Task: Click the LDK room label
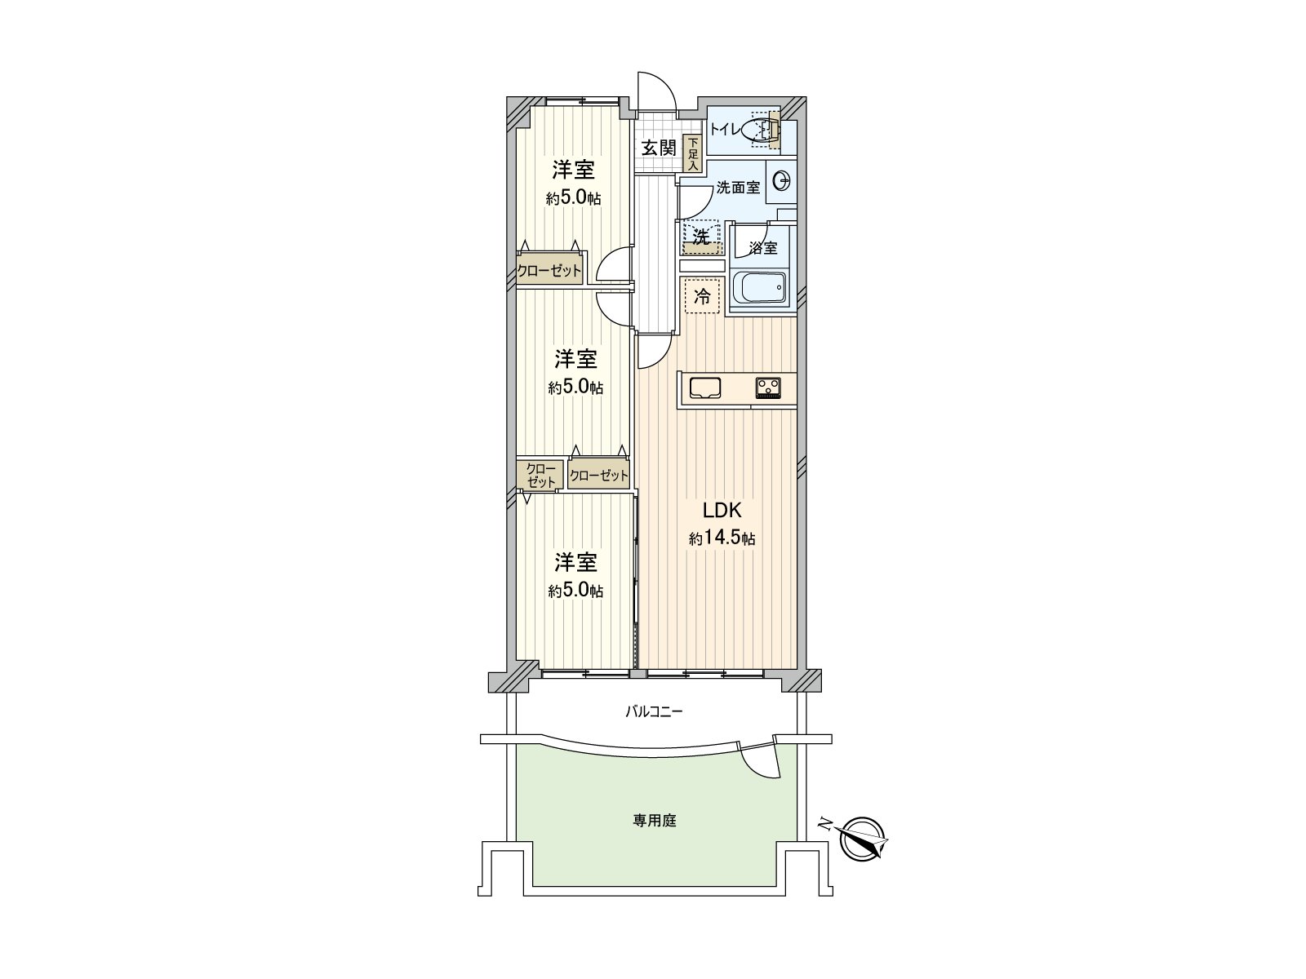click(x=722, y=511)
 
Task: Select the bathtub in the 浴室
click(x=760, y=289)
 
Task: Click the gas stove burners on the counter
click(x=768, y=388)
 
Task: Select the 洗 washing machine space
click(x=702, y=238)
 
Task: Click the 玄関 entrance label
click(x=658, y=148)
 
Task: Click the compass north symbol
click(x=861, y=839)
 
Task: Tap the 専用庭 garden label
click(x=655, y=822)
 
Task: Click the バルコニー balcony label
click(x=654, y=711)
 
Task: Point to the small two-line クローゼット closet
click(x=540, y=476)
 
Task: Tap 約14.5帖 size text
click(x=722, y=539)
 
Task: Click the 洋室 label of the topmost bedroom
click(x=573, y=171)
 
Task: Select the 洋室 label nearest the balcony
click(x=575, y=562)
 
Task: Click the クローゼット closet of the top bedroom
click(x=549, y=272)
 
